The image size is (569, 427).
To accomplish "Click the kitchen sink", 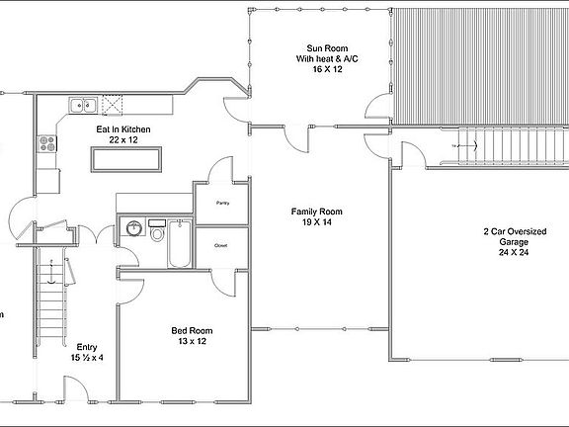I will pos(82,104).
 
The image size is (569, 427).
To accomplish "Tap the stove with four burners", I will pos(46,145).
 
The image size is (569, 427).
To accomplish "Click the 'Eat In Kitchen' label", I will pos(122,128).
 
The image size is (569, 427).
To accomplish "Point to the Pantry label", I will pos(222,203).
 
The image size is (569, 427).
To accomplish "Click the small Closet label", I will pos(221,244).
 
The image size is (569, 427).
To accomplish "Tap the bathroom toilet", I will pos(157,232).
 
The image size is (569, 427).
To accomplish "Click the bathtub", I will pos(180,245).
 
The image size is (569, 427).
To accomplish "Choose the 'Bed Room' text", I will pos(192,330).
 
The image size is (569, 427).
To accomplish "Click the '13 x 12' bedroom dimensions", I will pos(192,342).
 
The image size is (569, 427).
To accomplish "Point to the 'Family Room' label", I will pos(316,212).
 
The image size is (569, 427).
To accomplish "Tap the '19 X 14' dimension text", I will pos(316,223).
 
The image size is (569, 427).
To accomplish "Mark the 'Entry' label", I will pos(86,347).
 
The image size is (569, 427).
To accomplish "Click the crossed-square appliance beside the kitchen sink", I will pos(114,104).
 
